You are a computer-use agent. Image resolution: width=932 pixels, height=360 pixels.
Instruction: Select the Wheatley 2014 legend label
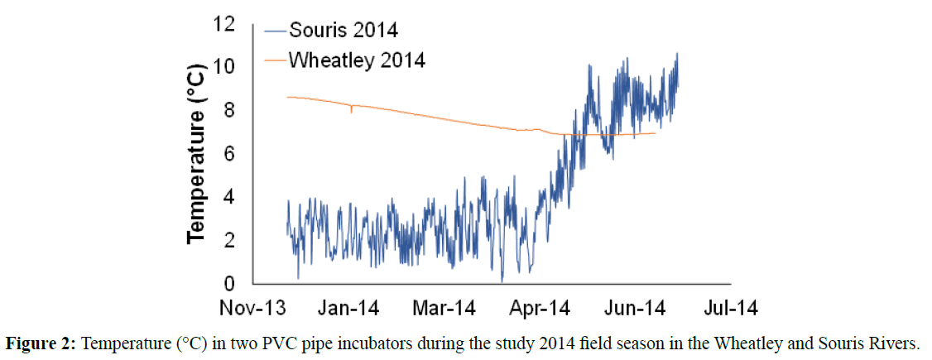[x=357, y=60]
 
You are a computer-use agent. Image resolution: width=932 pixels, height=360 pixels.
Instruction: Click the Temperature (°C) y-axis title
[x=196, y=153]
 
